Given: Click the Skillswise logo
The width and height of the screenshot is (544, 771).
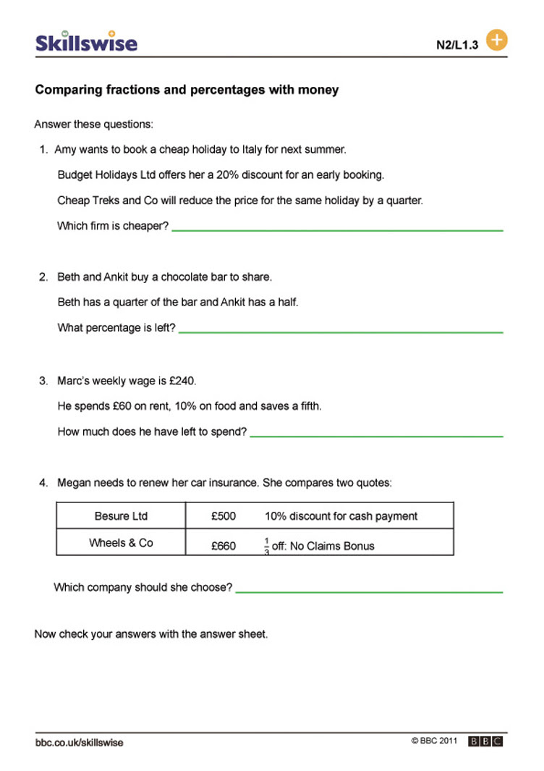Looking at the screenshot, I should [86, 42].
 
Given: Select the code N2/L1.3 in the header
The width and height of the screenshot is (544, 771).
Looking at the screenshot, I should [457, 45].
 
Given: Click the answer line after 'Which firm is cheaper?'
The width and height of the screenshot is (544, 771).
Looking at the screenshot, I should [337, 230].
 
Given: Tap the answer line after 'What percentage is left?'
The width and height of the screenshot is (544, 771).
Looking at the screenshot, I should [340, 332].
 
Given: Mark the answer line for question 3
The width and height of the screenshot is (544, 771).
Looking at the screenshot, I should [376, 437].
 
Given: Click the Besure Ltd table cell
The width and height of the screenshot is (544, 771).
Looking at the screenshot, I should [121, 516].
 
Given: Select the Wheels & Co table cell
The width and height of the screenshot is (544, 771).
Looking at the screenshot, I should [121, 543].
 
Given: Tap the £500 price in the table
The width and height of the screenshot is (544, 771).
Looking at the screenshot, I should [224, 516].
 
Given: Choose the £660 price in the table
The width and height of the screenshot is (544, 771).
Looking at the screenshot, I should [224, 546].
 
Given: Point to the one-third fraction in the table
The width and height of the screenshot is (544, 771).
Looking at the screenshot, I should [266, 545].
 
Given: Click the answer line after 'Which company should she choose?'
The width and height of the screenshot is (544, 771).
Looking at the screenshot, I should [369, 592].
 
